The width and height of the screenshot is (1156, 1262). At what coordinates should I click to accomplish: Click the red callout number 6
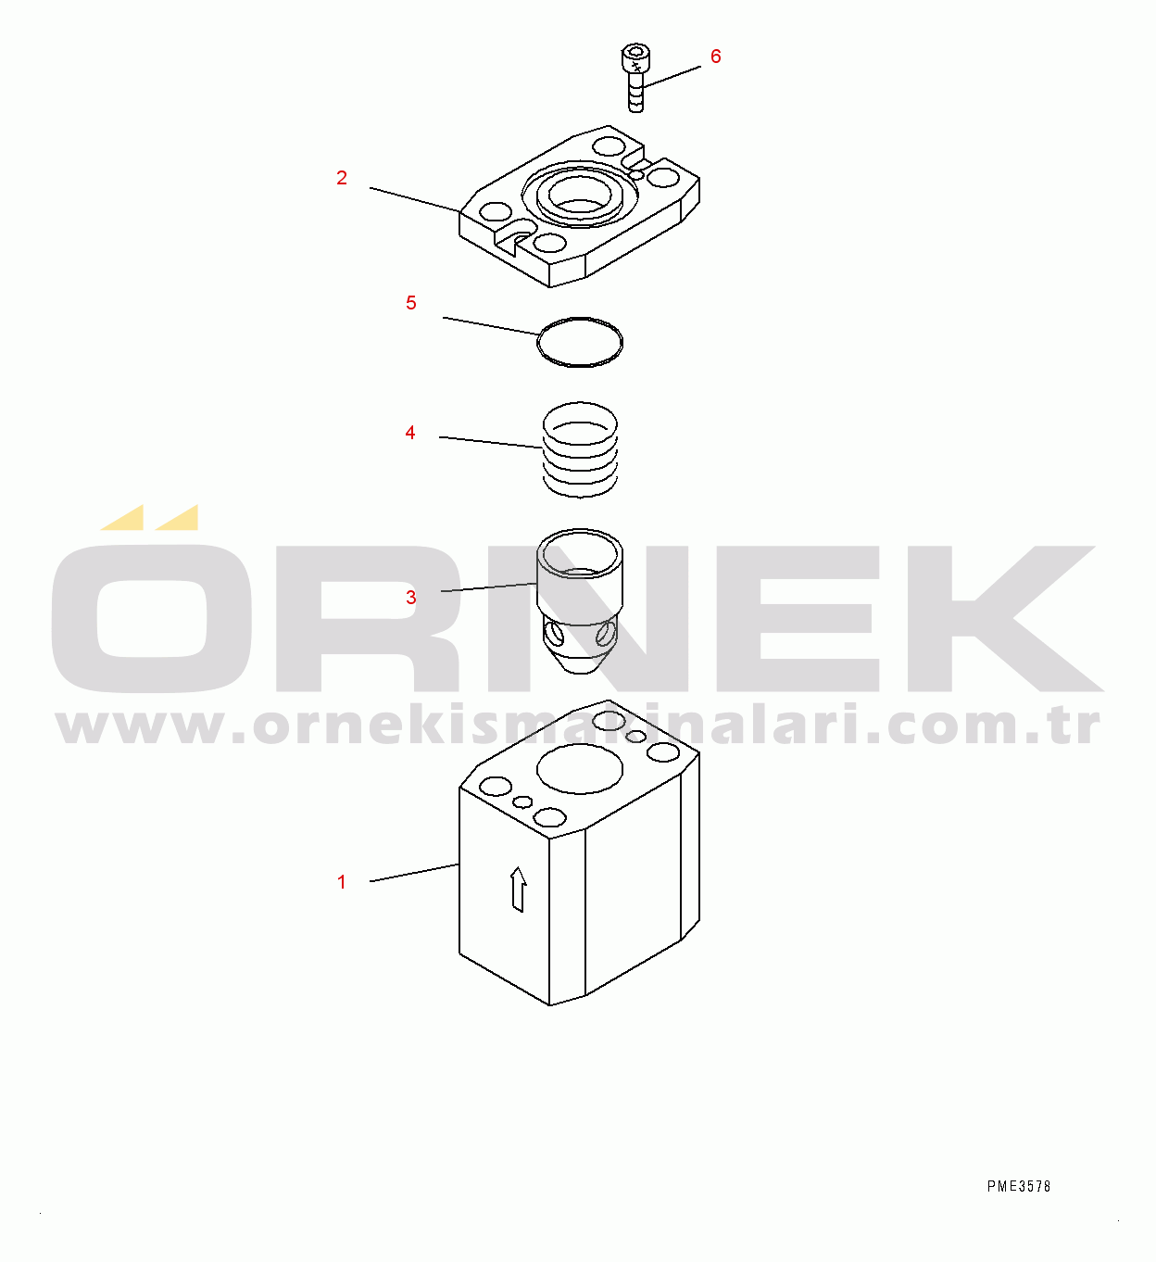click(x=715, y=57)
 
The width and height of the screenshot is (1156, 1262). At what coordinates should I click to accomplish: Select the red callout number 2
click(x=342, y=178)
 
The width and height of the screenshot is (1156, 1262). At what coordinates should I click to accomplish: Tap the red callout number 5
click(x=410, y=303)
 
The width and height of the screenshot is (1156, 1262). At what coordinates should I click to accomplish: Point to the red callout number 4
click(x=410, y=433)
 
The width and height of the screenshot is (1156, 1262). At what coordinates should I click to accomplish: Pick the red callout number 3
click(x=410, y=598)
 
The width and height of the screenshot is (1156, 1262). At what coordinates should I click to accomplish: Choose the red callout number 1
click(x=342, y=882)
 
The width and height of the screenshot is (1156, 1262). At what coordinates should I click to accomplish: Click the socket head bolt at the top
click(x=635, y=78)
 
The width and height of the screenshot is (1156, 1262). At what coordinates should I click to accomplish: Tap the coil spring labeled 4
click(x=580, y=449)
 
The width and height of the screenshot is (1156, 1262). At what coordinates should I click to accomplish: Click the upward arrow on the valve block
click(x=518, y=889)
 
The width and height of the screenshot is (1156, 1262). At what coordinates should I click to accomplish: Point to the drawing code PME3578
click(x=1019, y=1187)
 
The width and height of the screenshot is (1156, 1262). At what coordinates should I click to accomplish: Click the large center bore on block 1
click(x=580, y=768)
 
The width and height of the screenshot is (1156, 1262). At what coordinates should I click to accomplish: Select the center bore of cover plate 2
click(x=580, y=196)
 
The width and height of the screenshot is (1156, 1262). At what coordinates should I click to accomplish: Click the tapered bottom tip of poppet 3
click(x=580, y=663)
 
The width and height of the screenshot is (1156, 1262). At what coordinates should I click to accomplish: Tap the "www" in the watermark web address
click(x=140, y=727)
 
